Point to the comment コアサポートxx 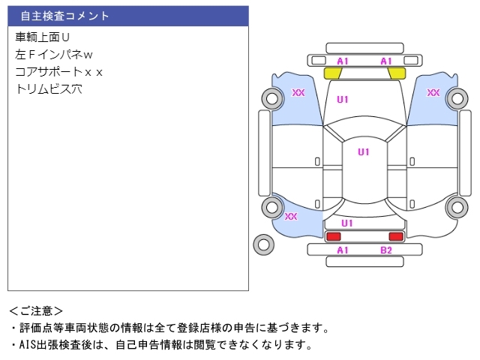[59, 71]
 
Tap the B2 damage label [386, 250]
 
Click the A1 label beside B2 [343, 250]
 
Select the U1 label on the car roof [364, 152]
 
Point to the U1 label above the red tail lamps [347, 223]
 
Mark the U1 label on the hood [343, 99]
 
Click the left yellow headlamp [332, 73]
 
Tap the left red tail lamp [333, 237]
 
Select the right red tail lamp [395, 237]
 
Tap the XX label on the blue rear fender [291, 217]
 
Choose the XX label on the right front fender [433, 93]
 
